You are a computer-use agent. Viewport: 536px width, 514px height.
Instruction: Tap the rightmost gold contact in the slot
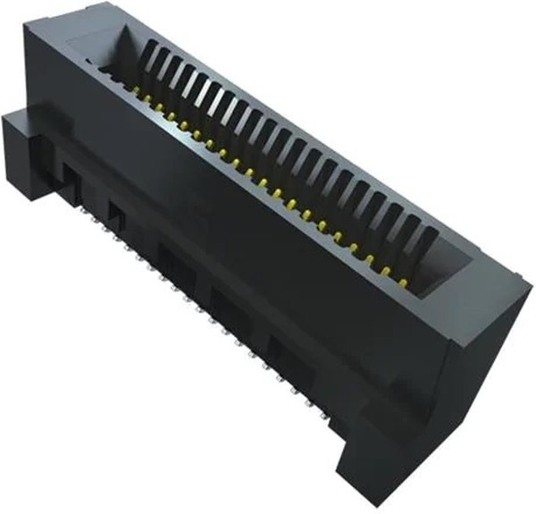click(404, 282)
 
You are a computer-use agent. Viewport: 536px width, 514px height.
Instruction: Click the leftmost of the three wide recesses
click(172, 261)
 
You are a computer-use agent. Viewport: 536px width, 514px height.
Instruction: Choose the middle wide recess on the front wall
click(228, 307)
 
